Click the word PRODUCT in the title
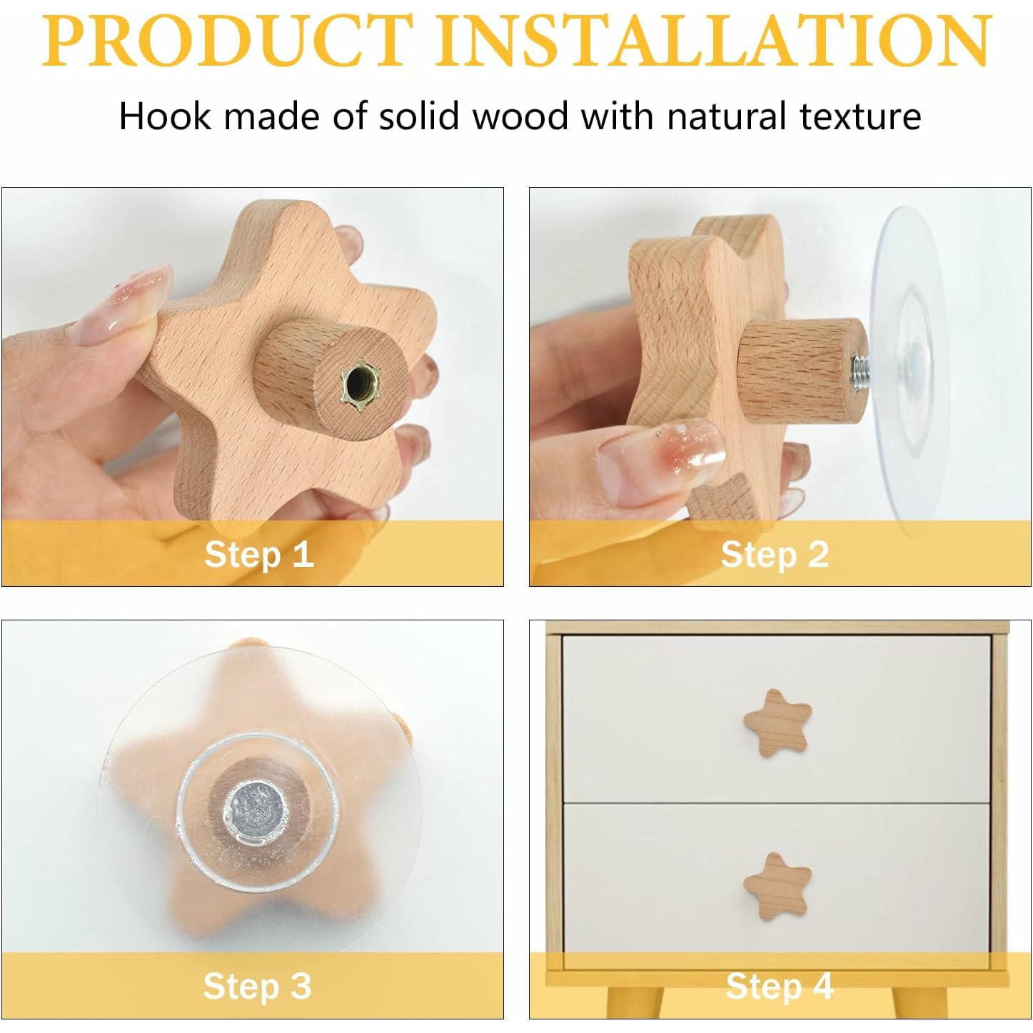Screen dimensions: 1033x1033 tap(227, 41)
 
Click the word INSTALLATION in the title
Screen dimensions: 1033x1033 tap(714, 41)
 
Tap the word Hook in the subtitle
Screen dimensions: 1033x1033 tap(165, 116)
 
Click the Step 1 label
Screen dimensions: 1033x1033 tap(258, 555)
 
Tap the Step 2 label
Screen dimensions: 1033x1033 tap(775, 555)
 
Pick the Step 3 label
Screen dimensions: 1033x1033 tap(257, 987)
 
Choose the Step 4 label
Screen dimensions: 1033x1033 tap(779, 987)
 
